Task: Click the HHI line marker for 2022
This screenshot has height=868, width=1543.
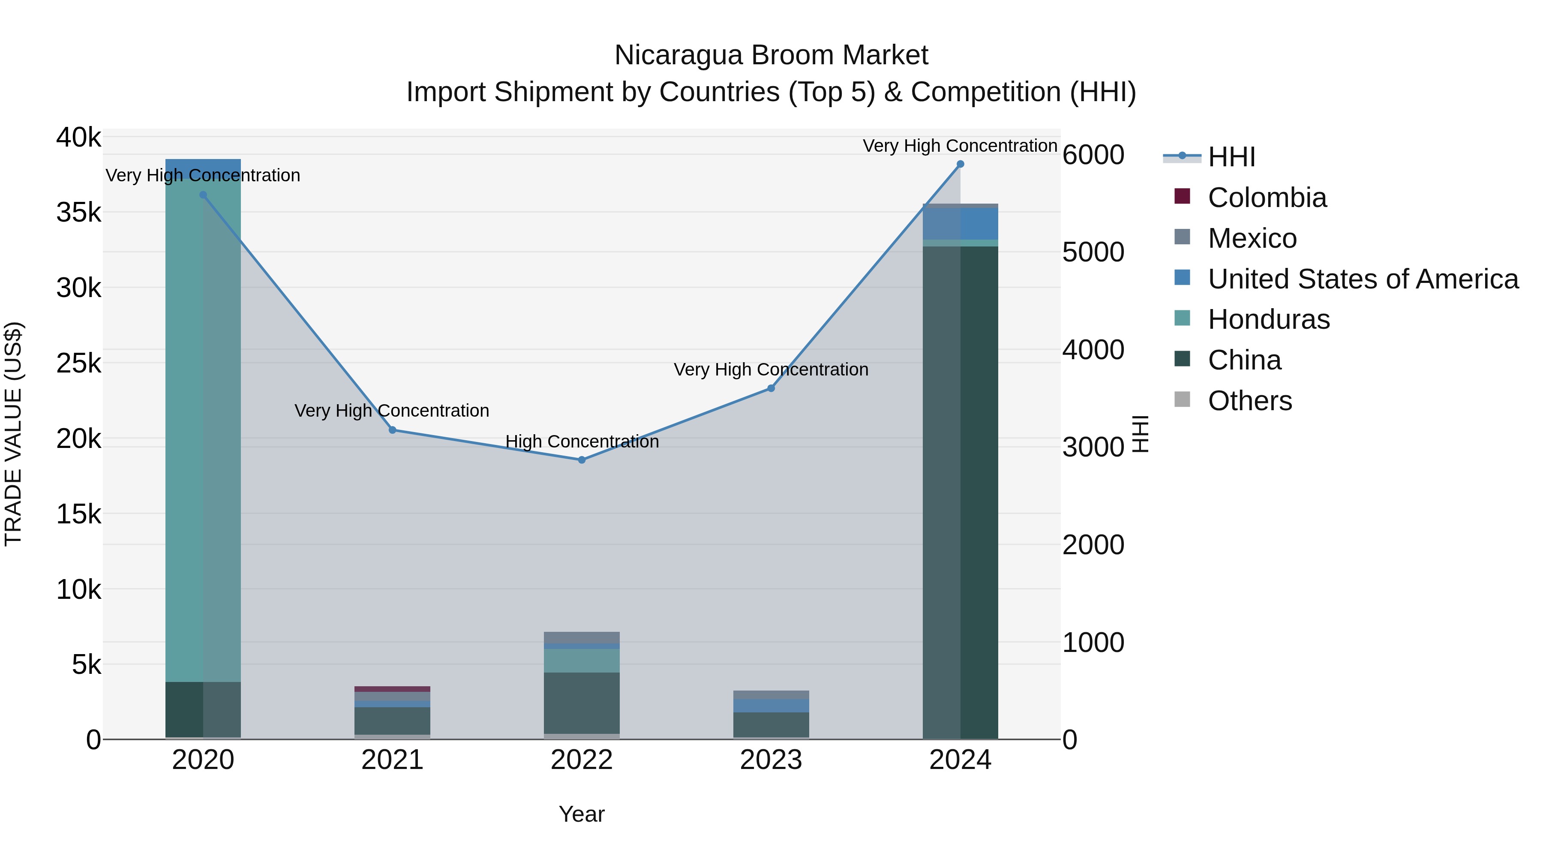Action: tap(582, 460)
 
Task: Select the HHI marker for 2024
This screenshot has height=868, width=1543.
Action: tap(960, 164)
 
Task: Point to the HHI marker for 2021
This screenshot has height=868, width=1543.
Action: tap(392, 430)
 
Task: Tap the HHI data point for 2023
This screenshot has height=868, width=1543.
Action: tap(771, 388)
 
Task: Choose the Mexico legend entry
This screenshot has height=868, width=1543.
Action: tap(1252, 238)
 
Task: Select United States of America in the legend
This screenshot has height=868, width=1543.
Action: tap(1363, 279)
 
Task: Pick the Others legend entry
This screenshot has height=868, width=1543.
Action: tap(1249, 401)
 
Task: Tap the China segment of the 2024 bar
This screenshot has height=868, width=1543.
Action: tap(960, 491)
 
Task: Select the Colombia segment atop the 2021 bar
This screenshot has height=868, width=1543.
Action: tap(392, 689)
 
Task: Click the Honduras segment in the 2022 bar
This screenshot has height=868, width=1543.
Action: tap(582, 661)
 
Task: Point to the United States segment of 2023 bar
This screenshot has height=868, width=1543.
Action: tap(771, 706)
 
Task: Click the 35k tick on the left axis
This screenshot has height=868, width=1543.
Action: tap(79, 213)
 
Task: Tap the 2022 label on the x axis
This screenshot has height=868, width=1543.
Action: tap(582, 760)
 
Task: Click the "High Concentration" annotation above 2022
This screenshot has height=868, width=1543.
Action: tap(582, 442)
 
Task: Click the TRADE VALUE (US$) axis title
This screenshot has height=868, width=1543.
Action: tap(14, 434)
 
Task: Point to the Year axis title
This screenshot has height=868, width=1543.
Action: tap(582, 814)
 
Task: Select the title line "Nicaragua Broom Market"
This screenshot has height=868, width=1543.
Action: tap(771, 55)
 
